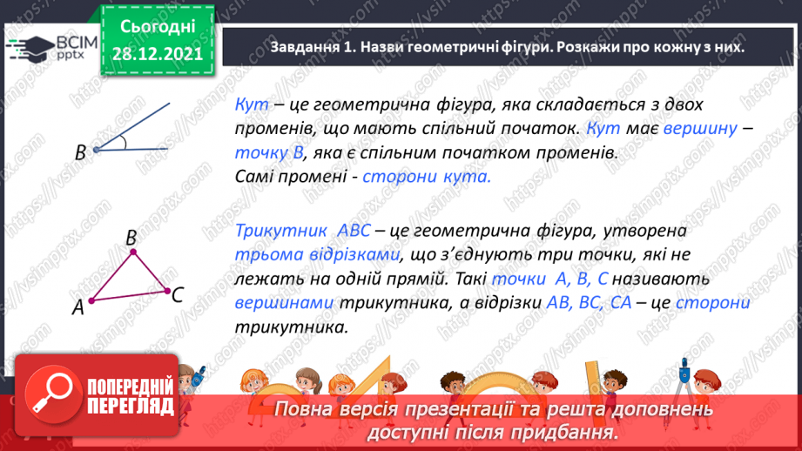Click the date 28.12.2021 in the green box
(x=158, y=53)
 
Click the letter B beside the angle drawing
(x=80, y=152)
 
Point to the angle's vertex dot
(x=96, y=150)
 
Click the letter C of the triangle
(x=177, y=294)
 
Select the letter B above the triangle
(x=131, y=237)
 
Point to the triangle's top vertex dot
(x=133, y=252)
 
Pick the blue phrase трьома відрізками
(x=319, y=255)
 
